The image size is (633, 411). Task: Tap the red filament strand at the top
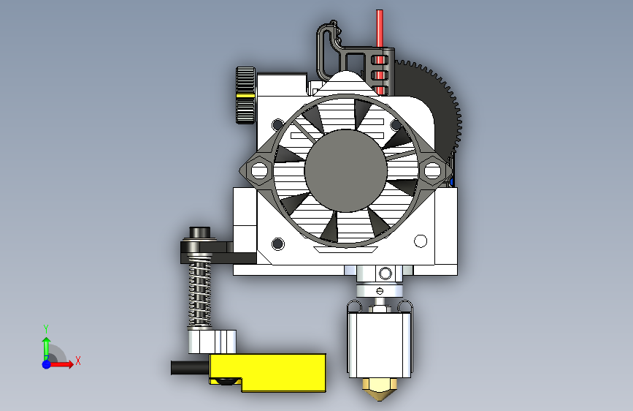pos(380,29)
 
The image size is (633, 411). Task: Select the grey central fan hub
pos(346,170)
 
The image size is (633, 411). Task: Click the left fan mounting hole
pos(259,170)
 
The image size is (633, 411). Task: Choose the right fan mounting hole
pos(432,170)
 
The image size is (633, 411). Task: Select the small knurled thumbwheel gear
pos(245,95)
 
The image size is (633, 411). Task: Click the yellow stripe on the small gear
pos(245,96)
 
